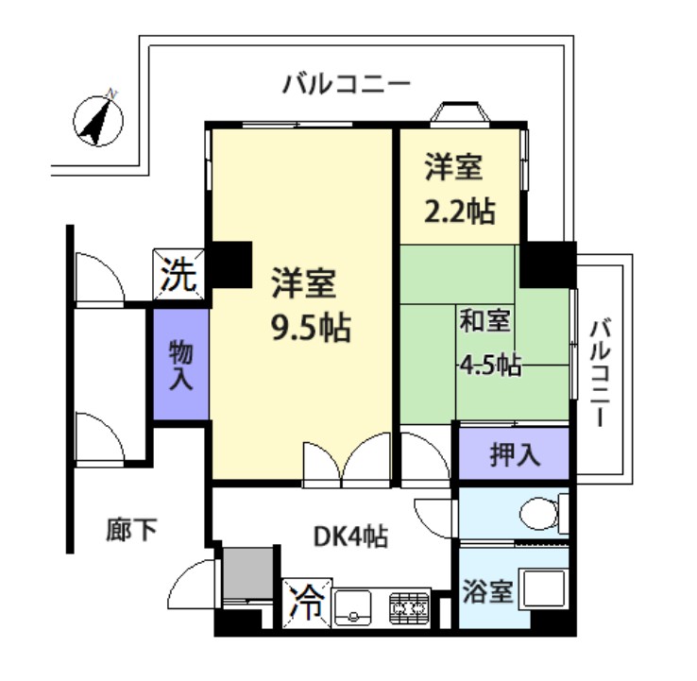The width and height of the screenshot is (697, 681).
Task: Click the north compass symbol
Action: coord(99,121)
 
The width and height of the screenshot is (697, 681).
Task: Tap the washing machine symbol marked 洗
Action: coord(178,275)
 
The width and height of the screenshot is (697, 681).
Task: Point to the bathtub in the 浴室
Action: coord(545,592)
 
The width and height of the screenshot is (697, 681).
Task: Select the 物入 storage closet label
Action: coord(180,366)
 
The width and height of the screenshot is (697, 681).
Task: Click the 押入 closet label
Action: coord(514,455)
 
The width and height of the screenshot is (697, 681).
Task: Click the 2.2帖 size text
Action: coord(459,211)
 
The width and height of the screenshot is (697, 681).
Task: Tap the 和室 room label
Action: coord(485,321)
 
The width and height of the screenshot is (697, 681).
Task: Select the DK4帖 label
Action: coord(349,536)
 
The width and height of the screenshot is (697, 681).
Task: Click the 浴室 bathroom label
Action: coord(487,593)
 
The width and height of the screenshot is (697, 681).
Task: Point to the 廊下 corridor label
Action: coord(130,530)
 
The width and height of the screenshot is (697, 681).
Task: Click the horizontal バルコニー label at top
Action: coord(347,84)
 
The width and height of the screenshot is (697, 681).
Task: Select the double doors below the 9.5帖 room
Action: coord(346,460)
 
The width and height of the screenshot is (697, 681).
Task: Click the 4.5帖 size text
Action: coord(490,365)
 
